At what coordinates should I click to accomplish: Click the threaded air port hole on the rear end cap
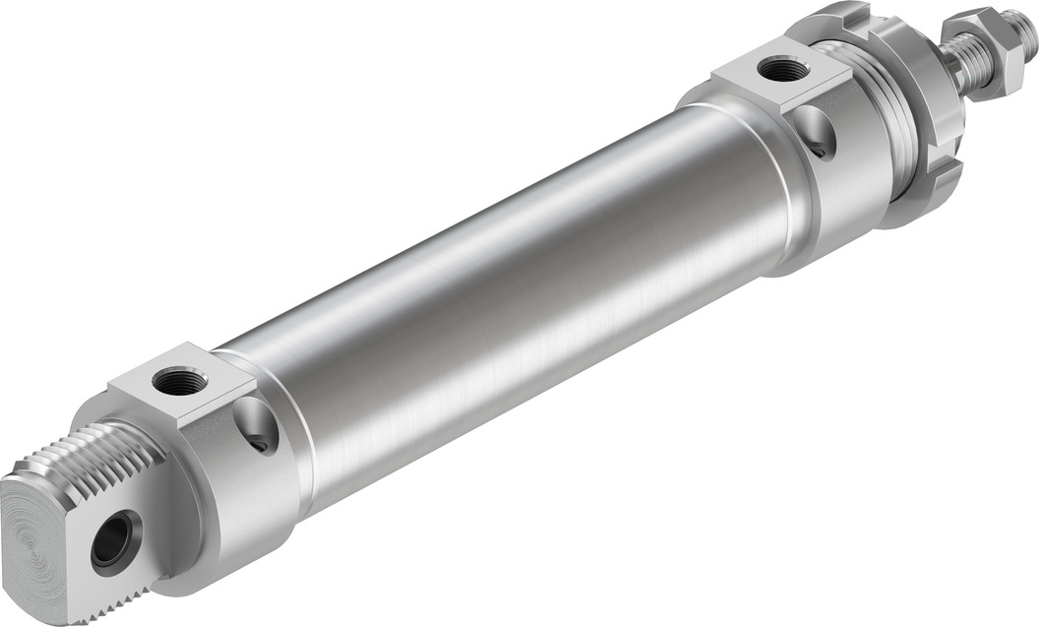[x=180, y=381]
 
